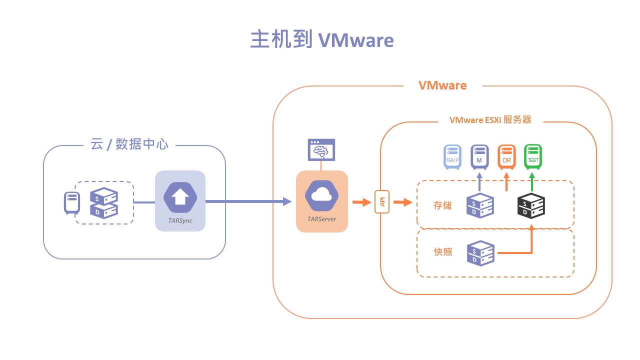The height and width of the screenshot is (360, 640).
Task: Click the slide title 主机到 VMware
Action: point(321,39)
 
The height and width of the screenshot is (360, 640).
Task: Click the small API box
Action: point(382,202)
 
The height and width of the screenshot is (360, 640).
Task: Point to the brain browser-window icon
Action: point(321,149)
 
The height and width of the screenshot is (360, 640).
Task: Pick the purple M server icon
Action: point(479,156)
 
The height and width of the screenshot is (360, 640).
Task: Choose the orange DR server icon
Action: point(506,156)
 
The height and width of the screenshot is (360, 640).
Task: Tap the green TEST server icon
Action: point(532,156)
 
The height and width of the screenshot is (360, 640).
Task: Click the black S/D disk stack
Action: point(530,205)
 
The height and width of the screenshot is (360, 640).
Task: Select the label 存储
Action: point(442,205)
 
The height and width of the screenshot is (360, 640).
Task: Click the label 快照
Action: point(442,252)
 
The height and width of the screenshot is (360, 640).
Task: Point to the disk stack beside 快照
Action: point(480,252)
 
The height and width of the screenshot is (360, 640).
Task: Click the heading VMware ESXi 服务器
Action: point(490,120)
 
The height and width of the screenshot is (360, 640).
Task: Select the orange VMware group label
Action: point(442,85)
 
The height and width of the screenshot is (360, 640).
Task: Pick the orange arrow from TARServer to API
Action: point(359,202)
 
